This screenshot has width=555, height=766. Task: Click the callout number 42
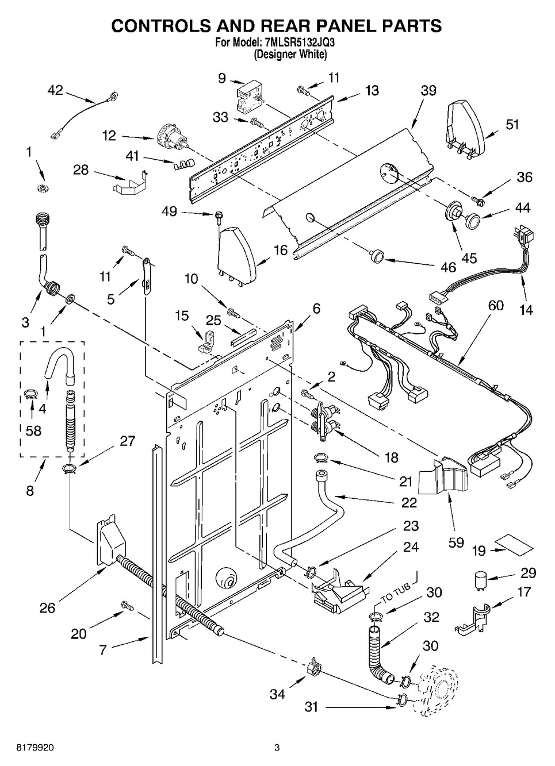pos(55,90)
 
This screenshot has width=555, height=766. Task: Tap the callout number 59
pos(456,542)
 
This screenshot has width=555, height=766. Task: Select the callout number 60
pos(495,305)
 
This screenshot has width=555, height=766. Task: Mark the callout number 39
pos(428,90)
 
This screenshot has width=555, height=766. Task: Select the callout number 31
pos(311,707)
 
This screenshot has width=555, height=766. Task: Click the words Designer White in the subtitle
pos(290,55)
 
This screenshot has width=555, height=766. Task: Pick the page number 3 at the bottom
pos(277,748)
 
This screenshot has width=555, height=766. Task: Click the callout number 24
pos(410,547)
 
